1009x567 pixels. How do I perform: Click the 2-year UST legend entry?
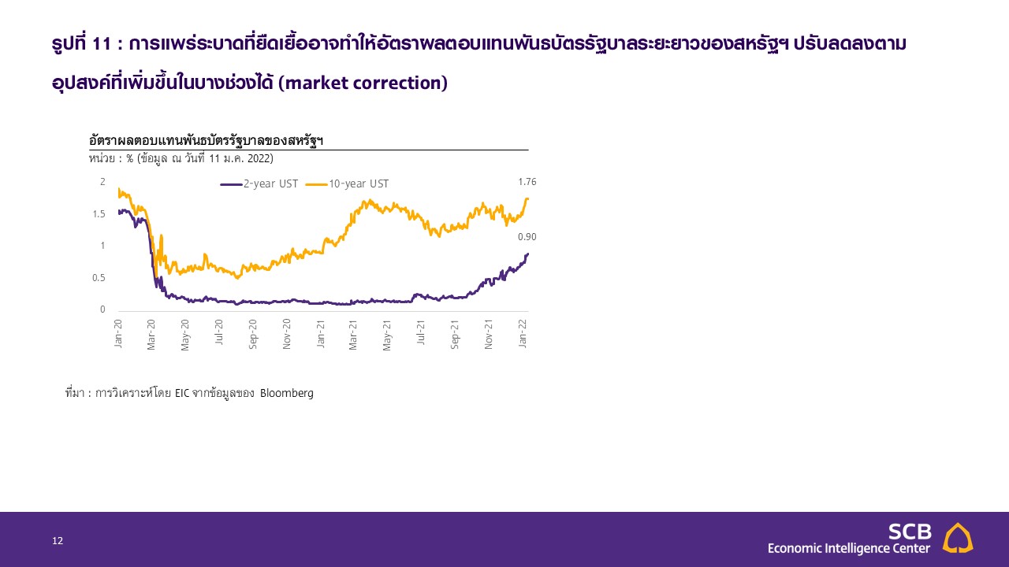[x=259, y=184]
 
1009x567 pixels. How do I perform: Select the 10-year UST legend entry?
[x=347, y=184]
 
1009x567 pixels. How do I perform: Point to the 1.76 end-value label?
[x=527, y=182]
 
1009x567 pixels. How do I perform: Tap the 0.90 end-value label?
[x=527, y=237]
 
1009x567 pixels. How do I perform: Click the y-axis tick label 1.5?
[x=99, y=214]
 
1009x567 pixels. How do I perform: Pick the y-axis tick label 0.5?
[x=99, y=278]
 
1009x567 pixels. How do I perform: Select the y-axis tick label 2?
[x=102, y=182]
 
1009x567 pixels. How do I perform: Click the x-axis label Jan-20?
[x=118, y=333]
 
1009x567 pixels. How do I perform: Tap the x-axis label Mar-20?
[x=151, y=335]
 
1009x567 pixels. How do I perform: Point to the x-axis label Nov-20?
[x=286, y=335]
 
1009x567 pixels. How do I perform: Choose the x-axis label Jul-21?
[x=421, y=332]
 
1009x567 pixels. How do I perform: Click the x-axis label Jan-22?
[x=523, y=333]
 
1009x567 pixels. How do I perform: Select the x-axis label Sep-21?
[x=455, y=335]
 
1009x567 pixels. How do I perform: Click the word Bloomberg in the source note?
[x=286, y=393]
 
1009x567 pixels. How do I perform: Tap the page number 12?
[x=58, y=541]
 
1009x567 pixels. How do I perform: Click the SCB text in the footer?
[x=910, y=532]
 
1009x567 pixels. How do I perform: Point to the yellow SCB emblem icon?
[x=958, y=538]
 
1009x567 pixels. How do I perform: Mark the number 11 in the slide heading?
[x=102, y=44]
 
